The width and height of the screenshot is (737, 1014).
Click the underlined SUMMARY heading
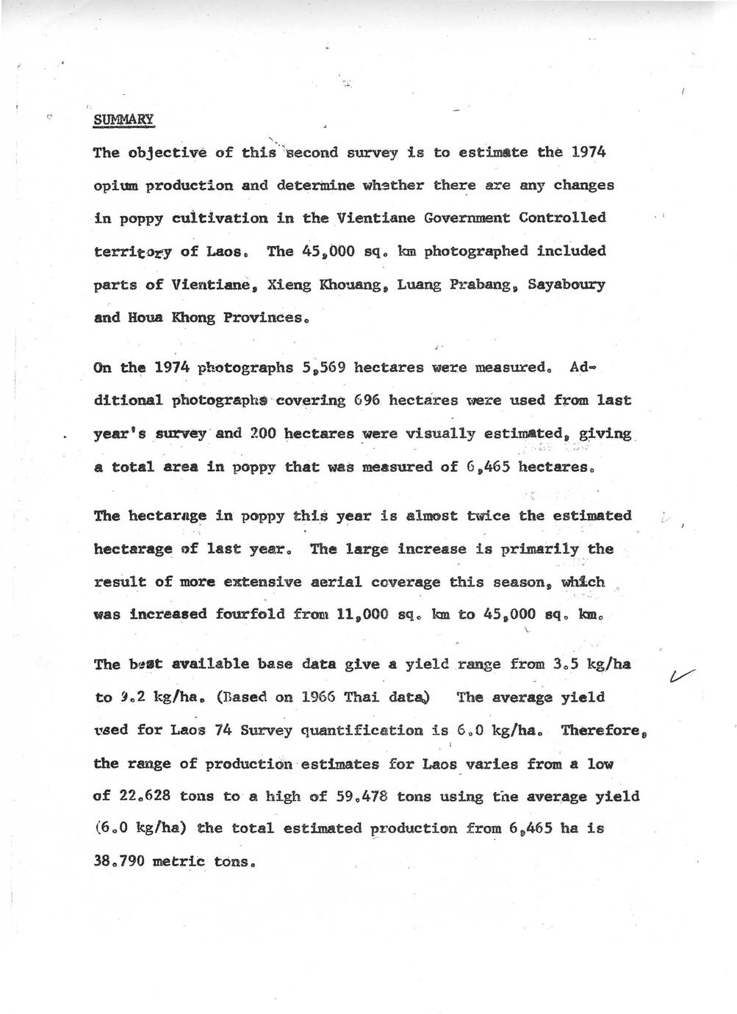tap(123, 119)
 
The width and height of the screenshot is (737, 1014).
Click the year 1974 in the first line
tap(587, 152)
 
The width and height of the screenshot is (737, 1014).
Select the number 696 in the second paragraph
tap(366, 400)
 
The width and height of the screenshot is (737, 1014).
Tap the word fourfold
tap(249, 614)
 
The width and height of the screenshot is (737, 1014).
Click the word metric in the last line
tap(178, 861)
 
